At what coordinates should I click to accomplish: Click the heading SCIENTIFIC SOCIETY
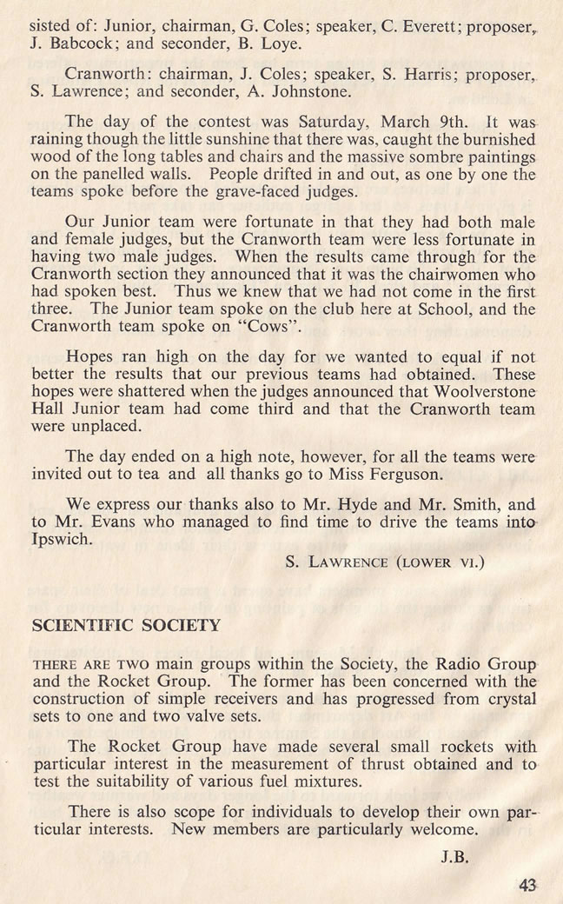(x=126, y=626)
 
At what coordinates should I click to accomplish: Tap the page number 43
(x=527, y=885)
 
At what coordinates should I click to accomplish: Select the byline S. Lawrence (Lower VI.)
(x=385, y=562)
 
